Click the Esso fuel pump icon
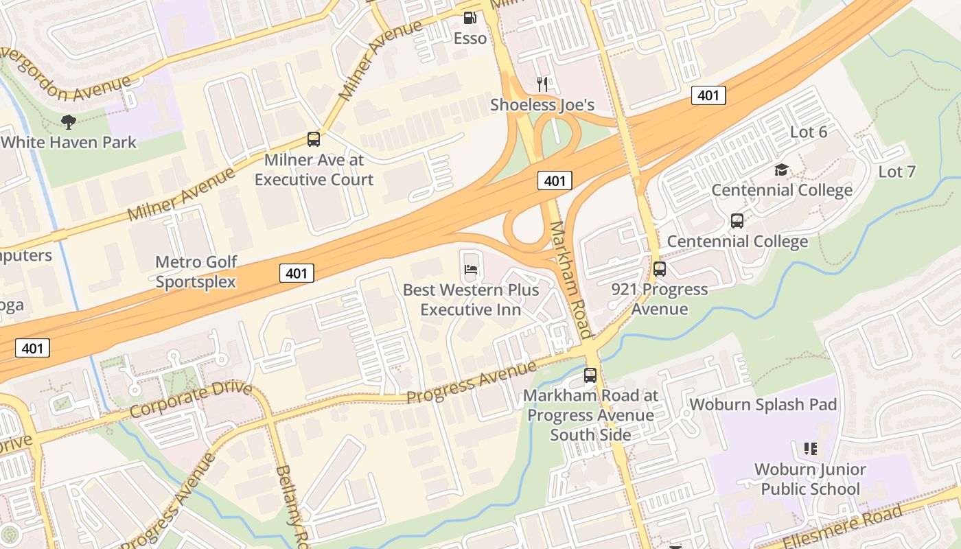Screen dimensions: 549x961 tap(470, 19)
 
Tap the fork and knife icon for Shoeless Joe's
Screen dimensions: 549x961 tap(542, 84)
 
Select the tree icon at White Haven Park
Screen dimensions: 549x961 tap(68, 122)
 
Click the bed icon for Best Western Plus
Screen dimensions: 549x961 tap(471, 269)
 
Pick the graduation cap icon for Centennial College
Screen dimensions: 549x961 tap(781, 170)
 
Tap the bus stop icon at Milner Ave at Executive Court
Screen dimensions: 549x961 tap(314, 139)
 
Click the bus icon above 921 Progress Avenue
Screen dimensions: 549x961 tap(660, 269)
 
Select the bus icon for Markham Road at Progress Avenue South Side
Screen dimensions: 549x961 tap(590, 375)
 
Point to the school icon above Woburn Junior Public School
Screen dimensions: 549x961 tap(811, 449)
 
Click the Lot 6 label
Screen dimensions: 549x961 tap(809, 132)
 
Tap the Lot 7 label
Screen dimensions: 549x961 tap(896, 172)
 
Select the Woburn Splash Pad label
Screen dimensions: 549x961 tap(763, 404)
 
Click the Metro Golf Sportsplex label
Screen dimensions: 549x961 tap(196, 271)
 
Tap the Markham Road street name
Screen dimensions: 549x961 tap(570, 279)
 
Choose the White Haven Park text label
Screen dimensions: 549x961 tap(69, 142)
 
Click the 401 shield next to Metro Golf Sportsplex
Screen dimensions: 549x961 tap(297, 273)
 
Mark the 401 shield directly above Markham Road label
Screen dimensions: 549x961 tap(554, 180)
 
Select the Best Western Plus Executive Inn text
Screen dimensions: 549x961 tap(471, 299)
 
